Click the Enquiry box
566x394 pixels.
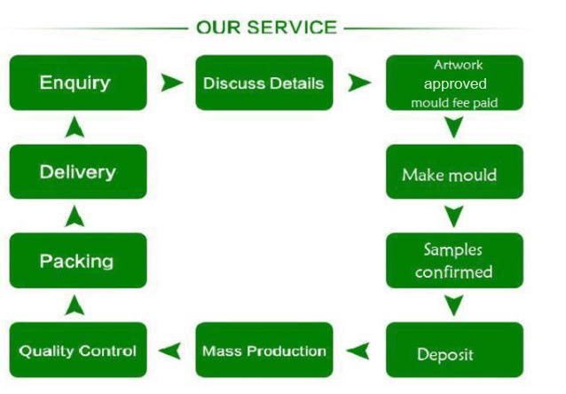[78, 83]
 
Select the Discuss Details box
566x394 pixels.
[264, 83]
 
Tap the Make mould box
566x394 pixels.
[454, 172]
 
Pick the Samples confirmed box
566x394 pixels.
[454, 261]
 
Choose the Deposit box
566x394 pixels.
[454, 350]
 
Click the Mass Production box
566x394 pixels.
[264, 350]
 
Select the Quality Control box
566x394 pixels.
[78, 350]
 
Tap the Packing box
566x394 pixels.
[78, 261]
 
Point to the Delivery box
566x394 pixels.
[78, 172]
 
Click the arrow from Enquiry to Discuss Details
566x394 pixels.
[171, 83]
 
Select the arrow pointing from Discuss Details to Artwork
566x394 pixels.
[358, 83]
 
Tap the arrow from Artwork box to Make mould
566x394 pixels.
[453, 127]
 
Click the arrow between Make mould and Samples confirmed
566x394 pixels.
[453, 217]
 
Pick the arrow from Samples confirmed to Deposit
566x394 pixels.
[453, 305]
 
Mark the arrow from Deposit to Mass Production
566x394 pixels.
[358, 351]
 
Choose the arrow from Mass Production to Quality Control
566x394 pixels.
[170, 351]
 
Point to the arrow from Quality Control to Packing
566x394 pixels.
[75, 305]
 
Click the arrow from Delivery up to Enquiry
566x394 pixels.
[75, 127]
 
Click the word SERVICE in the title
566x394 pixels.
[292, 28]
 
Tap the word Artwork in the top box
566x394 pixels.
[458, 65]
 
